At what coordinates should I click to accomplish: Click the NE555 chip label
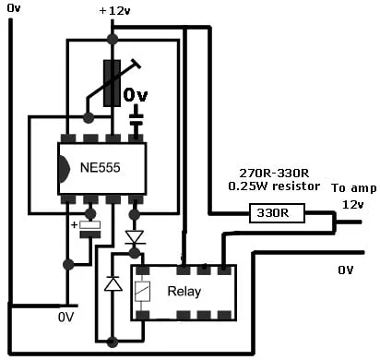coord(100,168)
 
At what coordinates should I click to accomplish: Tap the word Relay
coord(184,291)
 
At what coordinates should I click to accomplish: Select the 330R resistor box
coord(277,213)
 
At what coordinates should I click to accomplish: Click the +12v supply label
coord(115,11)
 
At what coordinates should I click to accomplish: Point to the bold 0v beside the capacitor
coord(136,95)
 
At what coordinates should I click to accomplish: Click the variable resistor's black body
coord(112,83)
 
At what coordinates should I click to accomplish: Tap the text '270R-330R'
coord(274,174)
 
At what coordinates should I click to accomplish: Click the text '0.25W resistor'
coord(274,186)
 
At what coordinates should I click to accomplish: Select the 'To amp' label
coord(353,187)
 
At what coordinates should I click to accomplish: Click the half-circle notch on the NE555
coord(64,168)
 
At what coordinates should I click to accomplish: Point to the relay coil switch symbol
coord(142,291)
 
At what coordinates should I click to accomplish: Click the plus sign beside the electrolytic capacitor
coord(74,225)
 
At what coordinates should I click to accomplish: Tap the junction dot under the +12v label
coord(112,39)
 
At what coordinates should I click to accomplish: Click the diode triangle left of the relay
coord(113,283)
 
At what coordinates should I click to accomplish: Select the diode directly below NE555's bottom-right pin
coord(135,238)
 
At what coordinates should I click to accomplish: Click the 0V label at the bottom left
coord(65,317)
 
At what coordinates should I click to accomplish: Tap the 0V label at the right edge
coord(346,270)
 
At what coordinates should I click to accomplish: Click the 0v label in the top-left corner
coord(14,8)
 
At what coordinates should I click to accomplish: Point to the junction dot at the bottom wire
coord(112,342)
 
